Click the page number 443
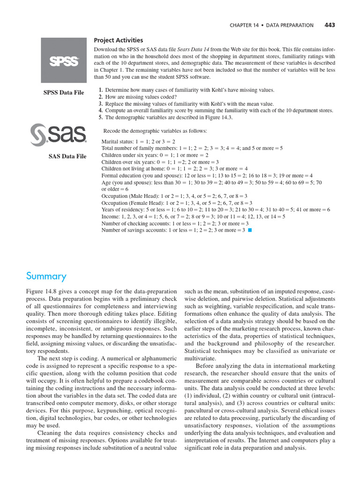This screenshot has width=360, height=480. click(330, 25)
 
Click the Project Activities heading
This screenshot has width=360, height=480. click(119, 40)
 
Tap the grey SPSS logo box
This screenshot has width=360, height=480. click(64, 60)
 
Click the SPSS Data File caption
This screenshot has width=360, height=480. click(64, 92)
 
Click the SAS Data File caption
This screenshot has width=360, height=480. click(67, 157)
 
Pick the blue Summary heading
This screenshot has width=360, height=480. click(46, 276)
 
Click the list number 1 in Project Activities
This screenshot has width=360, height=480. click(100, 90)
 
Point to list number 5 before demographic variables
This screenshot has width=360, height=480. click(100, 118)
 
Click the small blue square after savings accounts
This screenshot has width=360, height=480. click(251, 230)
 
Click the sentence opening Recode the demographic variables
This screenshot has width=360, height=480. click(155, 131)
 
